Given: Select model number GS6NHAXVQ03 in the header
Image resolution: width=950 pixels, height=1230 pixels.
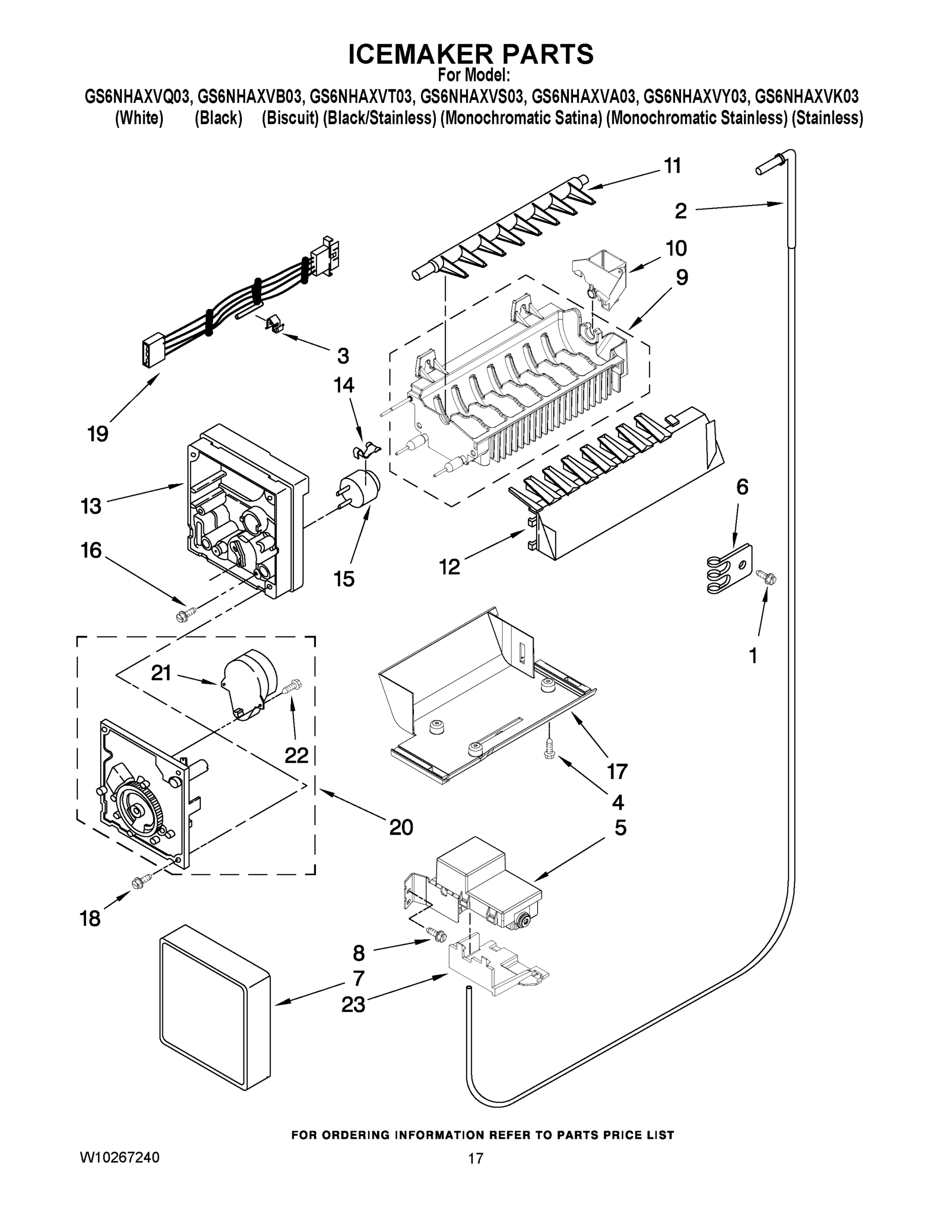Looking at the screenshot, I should click(x=137, y=97).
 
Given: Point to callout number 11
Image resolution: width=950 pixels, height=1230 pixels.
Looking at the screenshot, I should click(x=672, y=166).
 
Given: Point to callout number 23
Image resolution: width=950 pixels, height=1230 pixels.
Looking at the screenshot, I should click(x=353, y=1004).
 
